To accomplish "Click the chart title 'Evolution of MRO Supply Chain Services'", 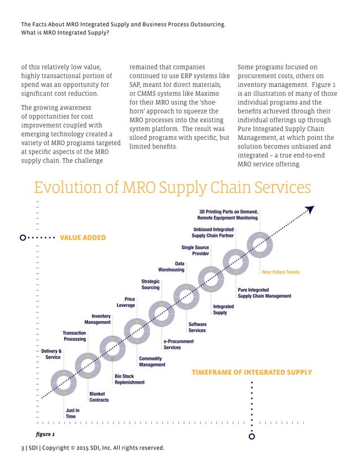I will (172, 188).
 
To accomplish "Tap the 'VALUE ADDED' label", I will (82, 238).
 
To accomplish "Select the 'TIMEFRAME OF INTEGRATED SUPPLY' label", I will (252, 372).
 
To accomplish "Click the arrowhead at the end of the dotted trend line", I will (309, 210).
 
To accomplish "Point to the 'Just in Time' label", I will (72, 414).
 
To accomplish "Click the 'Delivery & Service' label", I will (52, 354).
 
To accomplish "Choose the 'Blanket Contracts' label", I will (99, 397).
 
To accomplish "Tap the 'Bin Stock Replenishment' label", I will (129, 379).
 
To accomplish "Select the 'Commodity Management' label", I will (152, 362).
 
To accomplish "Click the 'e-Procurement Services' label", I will (172, 344).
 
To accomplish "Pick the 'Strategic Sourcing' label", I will (151, 284).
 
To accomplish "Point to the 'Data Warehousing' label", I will (171, 266).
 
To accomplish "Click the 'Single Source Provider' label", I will (195, 250).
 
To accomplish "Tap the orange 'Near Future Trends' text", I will (280, 272).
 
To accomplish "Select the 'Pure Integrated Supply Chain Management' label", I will (264, 293).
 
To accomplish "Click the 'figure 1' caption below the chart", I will (45, 434).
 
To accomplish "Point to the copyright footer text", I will (93, 448).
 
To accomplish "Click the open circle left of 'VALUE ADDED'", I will (23, 238).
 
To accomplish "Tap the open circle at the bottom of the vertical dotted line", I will (252, 436).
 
